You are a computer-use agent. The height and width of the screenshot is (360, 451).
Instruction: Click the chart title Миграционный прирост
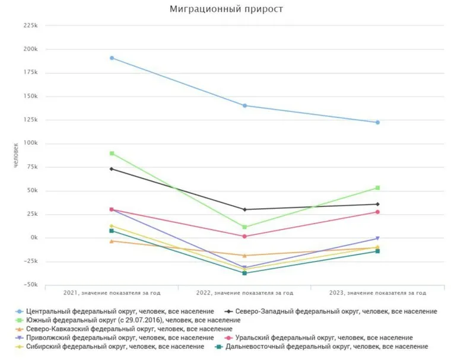(226, 9)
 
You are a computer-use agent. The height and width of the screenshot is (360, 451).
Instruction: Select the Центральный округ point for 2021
(112, 58)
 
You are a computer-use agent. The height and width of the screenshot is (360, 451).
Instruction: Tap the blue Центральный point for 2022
(244, 106)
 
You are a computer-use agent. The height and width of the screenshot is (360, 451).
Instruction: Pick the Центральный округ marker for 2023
(377, 122)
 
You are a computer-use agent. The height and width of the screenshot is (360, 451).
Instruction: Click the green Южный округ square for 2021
(112, 154)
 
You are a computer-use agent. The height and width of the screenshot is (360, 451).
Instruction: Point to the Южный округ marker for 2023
(377, 188)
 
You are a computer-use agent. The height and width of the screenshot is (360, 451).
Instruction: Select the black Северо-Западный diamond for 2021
(112, 169)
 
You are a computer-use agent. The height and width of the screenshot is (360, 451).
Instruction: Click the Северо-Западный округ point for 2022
(244, 209)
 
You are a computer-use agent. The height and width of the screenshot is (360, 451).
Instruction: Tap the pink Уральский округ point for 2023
(377, 212)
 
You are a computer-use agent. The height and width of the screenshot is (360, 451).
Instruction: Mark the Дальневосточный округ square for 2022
(244, 273)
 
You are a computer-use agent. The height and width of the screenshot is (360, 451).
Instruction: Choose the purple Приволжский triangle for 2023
(377, 238)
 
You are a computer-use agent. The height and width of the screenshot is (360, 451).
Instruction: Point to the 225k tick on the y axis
(30, 26)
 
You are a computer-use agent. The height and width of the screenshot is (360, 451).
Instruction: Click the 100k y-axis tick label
(30, 144)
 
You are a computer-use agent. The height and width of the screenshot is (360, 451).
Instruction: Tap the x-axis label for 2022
(244, 293)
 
